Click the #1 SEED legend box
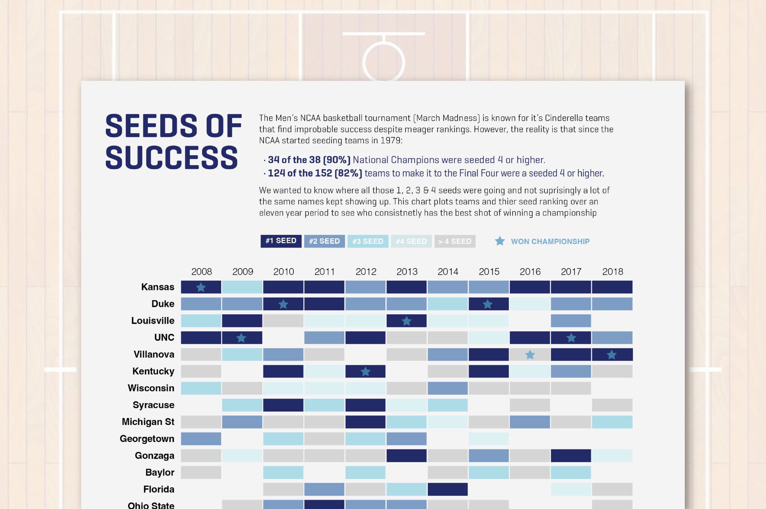tap(281, 241)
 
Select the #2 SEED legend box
tap(324, 241)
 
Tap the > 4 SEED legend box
tap(455, 241)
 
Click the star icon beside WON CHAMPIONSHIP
tap(500, 241)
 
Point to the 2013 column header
tap(407, 271)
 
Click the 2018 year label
tap(613, 271)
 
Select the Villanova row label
tap(154, 354)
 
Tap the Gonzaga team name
tap(155, 455)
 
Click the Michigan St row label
tap(148, 422)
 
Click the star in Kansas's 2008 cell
tap(201, 287)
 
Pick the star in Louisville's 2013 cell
tap(407, 321)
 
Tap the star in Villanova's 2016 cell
tap(530, 355)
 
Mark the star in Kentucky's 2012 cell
tap(366, 372)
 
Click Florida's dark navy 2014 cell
tap(447, 489)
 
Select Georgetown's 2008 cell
tap(201, 438)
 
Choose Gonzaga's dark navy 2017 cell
tap(571, 455)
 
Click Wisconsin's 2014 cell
tap(447, 388)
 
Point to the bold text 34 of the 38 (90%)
tap(309, 160)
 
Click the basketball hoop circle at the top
tap(384, 62)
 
